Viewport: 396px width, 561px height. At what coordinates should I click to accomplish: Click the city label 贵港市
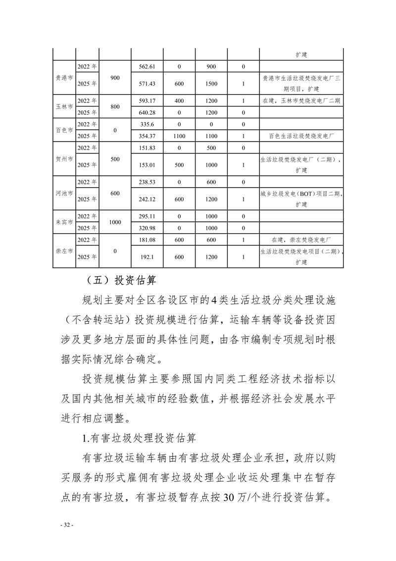click(64, 78)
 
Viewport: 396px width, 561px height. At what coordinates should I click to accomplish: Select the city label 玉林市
click(64, 107)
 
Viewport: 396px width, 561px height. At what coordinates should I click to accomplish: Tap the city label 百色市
click(64, 130)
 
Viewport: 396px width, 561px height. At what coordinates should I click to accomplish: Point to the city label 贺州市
click(64, 159)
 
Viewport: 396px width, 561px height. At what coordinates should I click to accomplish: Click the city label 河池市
click(64, 193)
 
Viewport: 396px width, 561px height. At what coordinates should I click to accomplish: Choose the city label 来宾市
click(64, 222)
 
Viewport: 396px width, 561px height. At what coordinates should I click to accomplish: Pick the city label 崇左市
click(64, 251)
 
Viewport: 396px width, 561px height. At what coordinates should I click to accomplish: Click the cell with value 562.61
click(148, 66)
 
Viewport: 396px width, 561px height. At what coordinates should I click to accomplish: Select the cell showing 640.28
click(148, 112)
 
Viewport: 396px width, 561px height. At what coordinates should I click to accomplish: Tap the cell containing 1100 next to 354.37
click(179, 136)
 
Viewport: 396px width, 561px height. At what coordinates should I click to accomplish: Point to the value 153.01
click(148, 165)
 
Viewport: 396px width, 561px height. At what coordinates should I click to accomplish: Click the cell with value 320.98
click(148, 228)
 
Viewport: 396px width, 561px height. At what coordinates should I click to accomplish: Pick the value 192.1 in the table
click(148, 257)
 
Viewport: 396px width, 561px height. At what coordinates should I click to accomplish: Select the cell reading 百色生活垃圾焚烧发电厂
click(301, 136)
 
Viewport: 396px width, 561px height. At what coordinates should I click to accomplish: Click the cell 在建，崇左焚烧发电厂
click(301, 240)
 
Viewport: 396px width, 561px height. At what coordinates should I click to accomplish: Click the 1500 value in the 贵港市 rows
click(211, 84)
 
